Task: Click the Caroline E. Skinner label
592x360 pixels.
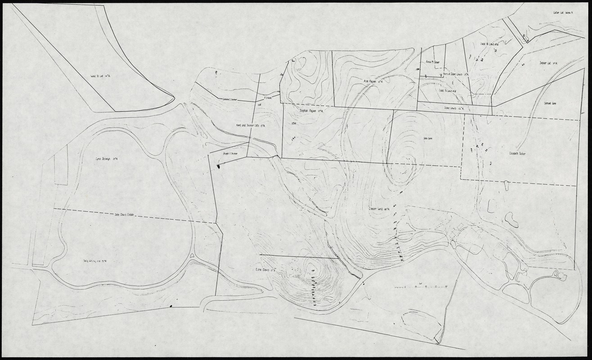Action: [x=232, y=100]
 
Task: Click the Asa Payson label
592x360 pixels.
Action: [x=373, y=81]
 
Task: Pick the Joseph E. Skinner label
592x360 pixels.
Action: [x=230, y=154]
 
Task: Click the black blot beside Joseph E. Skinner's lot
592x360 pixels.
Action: [x=219, y=166]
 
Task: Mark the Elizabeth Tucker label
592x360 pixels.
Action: [x=518, y=153]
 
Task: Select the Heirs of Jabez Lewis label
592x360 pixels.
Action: [x=456, y=74]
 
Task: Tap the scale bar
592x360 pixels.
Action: [x=420, y=286]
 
